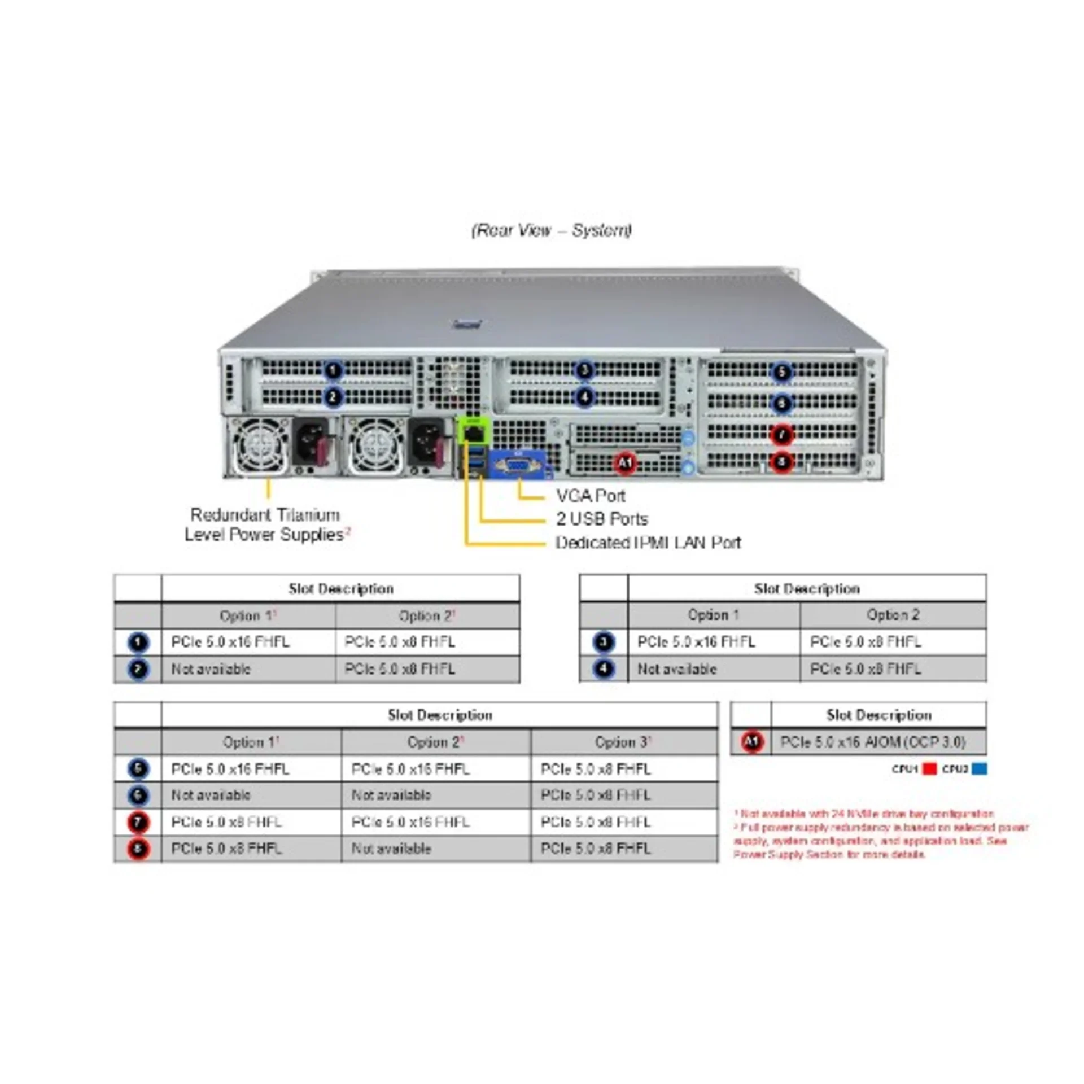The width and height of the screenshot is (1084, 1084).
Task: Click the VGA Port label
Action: tap(591, 496)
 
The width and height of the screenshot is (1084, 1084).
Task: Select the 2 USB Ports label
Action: tap(602, 519)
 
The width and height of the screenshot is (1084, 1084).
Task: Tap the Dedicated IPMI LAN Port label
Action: tap(648, 543)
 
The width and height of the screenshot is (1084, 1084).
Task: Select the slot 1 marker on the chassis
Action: tap(333, 370)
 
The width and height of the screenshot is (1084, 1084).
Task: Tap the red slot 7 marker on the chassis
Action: tap(782, 435)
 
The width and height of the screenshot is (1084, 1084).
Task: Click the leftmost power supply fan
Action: tap(259, 446)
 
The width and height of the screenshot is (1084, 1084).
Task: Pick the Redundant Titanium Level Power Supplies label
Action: tap(265, 524)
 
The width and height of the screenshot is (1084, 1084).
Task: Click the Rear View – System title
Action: tap(552, 230)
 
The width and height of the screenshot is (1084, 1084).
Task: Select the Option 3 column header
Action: tap(623, 742)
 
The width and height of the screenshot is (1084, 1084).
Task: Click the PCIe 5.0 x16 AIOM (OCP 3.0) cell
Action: tap(873, 742)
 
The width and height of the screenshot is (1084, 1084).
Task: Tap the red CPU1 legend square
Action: tap(929, 769)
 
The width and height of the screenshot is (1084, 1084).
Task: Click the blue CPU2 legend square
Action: tap(980, 769)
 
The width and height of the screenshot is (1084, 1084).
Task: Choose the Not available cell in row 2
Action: tap(211, 669)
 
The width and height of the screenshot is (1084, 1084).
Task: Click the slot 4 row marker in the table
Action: tap(604, 669)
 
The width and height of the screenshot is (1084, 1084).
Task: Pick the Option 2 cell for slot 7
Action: tap(410, 822)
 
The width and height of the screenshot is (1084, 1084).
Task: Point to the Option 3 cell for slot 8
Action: tap(596, 849)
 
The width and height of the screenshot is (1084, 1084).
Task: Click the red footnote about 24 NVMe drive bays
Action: tap(864, 814)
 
